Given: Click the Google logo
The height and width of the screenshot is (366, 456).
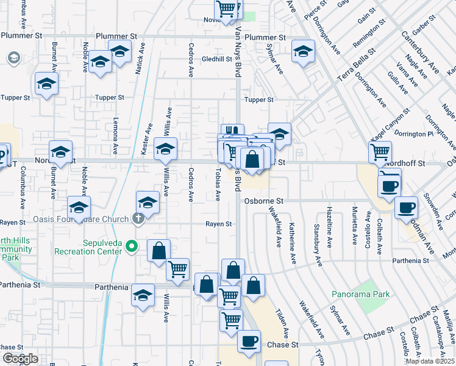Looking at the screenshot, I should [21, 359].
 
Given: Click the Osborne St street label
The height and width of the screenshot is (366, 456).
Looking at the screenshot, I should [264, 201].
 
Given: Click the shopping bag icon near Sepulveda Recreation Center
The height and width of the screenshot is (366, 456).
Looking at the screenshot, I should [159, 250].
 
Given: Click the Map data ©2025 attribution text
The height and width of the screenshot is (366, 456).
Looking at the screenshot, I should [429, 361].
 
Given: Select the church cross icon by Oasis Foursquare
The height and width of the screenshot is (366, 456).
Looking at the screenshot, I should [138, 218].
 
